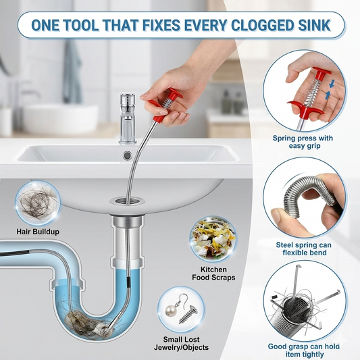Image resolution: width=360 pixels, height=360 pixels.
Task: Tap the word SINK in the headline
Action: click(313, 25)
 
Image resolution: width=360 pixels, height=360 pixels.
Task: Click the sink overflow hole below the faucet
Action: click(127, 155)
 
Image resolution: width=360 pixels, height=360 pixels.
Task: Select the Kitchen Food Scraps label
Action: click(213, 274)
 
